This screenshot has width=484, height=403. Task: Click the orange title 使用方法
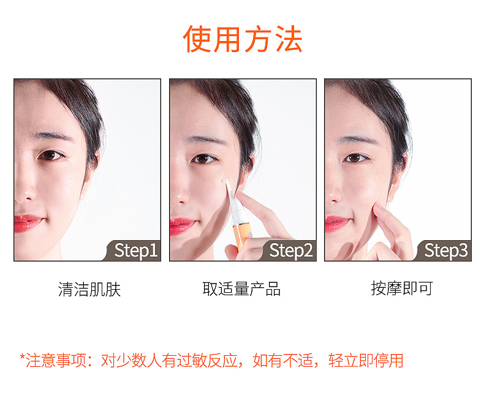tap(243, 39)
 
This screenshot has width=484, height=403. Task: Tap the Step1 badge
tap(134, 250)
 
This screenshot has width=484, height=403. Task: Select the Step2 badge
tap(289, 250)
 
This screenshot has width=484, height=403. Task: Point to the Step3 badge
tap(444, 250)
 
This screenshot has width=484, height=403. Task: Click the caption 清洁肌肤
tap(89, 289)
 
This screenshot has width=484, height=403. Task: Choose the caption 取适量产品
tap(241, 289)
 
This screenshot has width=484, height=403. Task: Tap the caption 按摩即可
tap(401, 288)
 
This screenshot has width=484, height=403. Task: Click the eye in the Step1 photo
tap(50, 155)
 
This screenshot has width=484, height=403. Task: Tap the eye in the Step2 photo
tap(204, 159)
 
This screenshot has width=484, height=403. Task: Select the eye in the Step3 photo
tap(355, 158)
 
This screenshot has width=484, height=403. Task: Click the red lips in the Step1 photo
tap(27, 223)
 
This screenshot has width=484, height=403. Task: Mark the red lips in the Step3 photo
tap(337, 223)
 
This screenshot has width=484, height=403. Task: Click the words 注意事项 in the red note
tap(56, 360)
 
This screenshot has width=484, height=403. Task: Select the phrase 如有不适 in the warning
tap(282, 360)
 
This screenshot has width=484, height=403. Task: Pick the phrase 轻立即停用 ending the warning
tap(366, 360)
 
